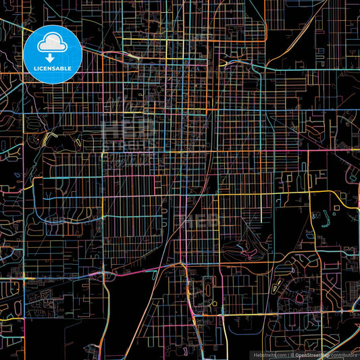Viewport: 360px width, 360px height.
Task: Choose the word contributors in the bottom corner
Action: (x=344, y=354)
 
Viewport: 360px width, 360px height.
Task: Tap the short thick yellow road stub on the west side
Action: (x=47, y=138)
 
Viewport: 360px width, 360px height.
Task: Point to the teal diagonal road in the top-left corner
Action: (x=17, y=28)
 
